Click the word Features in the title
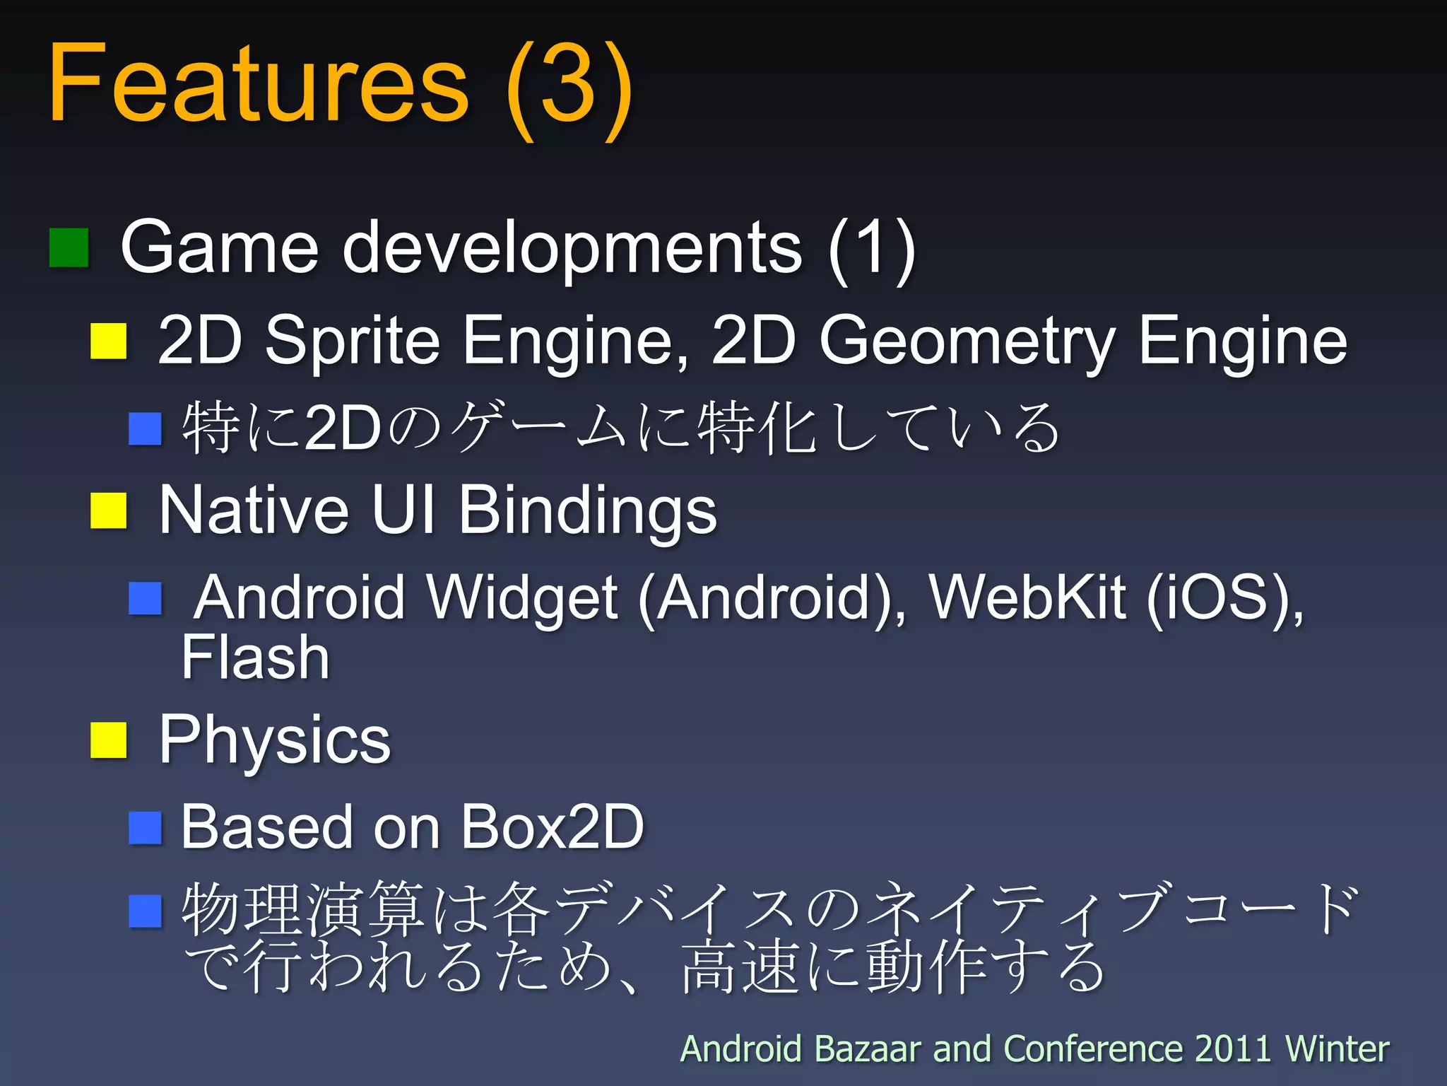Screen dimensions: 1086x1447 258,83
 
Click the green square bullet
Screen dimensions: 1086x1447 69,247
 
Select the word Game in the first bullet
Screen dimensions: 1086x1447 220,247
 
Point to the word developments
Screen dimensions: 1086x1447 572,249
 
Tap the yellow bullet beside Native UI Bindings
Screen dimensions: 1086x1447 108,510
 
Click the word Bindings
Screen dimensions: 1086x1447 587,512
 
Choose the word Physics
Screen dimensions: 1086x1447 275,741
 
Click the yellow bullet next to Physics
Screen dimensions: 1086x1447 108,740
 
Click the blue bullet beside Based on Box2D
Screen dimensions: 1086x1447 146,827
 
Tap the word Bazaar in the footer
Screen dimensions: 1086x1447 870,1049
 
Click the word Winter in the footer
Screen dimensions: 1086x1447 1337,1049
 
